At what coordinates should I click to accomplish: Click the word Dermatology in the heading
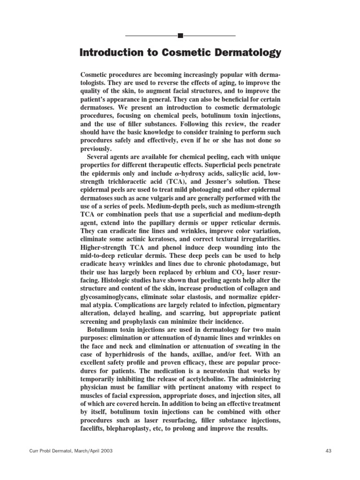pyautogui.click(x=244, y=53)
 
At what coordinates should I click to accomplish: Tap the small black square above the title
pyautogui.click(x=181, y=35)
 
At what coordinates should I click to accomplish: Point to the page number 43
pyautogui.click(x=328, y=451)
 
